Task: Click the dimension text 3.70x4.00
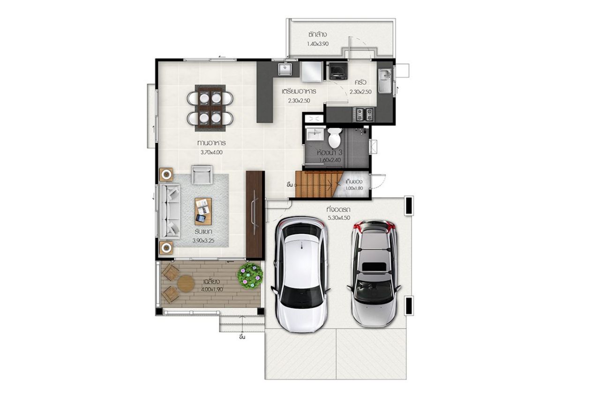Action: click(211, 152)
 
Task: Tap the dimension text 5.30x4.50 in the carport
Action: click(339, 218)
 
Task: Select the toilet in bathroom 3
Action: click(335, 136)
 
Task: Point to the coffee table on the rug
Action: click(203, 211)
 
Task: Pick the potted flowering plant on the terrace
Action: click(250, 276)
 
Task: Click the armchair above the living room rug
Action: click(202, 174)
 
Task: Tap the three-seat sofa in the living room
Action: click(170, 211)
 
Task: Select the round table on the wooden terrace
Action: click(186, 284)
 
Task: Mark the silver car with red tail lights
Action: click(374, 273)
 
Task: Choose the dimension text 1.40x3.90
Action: click(318, 44)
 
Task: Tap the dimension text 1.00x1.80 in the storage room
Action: click(354, 189)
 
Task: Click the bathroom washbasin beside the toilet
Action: click(315, 134)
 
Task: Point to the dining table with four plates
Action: click(210, 108)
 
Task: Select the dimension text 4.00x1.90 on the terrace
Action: click(212, 289)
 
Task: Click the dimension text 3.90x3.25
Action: click(203, 241)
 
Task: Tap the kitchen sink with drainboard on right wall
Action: click(385, 81)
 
